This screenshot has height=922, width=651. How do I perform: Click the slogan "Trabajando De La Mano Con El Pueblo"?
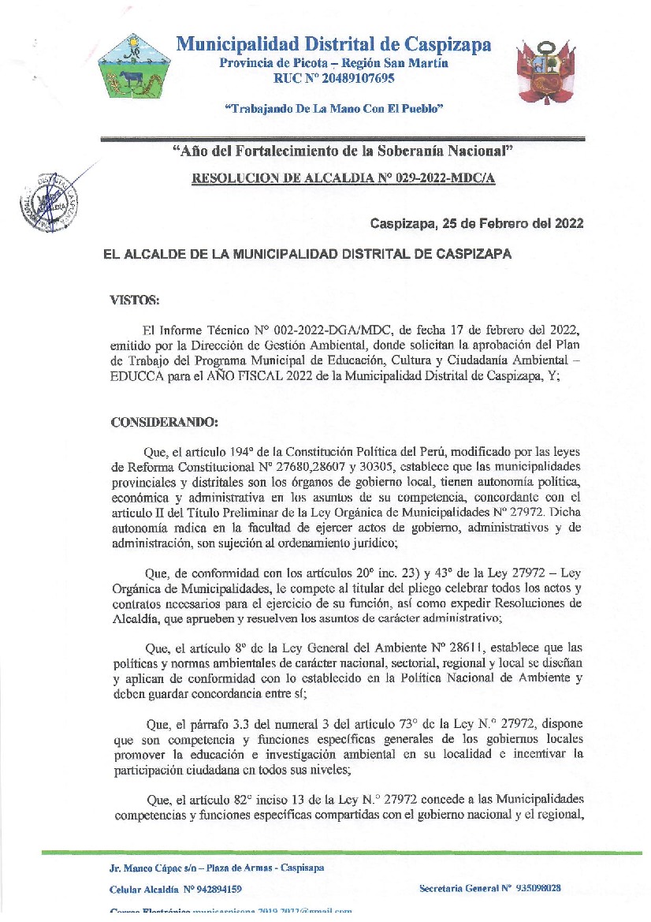[334, 108]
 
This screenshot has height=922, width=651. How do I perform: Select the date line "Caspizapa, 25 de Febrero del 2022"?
[477, 224]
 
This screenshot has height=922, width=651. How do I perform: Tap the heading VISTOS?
[134, 300]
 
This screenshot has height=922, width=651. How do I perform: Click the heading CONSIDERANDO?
[164, 423]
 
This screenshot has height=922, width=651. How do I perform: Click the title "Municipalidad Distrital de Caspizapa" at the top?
[333, 44]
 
